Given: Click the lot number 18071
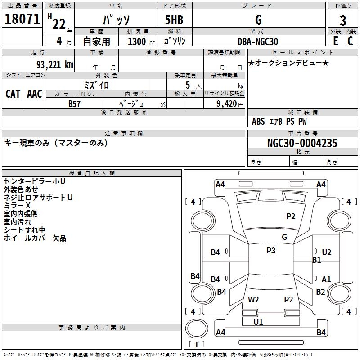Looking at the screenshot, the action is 22,19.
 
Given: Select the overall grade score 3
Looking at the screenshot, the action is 343,21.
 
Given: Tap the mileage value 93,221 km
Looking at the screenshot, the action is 55,65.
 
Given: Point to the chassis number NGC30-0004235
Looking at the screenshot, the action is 302,143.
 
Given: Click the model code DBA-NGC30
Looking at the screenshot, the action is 257,41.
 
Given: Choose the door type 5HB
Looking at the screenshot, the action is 174,20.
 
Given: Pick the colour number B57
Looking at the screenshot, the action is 74,104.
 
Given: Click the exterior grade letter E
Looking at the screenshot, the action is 336,41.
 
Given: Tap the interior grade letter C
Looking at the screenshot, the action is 350,41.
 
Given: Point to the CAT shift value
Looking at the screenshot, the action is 13,94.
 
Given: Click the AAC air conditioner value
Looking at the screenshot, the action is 35,94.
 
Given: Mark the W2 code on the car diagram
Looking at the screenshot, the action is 253,300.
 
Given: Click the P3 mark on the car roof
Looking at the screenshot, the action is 271,250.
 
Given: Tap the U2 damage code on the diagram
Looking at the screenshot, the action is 327,252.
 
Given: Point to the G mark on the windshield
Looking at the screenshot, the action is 284,237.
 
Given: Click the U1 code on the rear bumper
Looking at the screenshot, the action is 258,322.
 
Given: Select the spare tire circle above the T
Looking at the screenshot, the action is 197,328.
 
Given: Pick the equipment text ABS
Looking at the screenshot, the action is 258,121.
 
